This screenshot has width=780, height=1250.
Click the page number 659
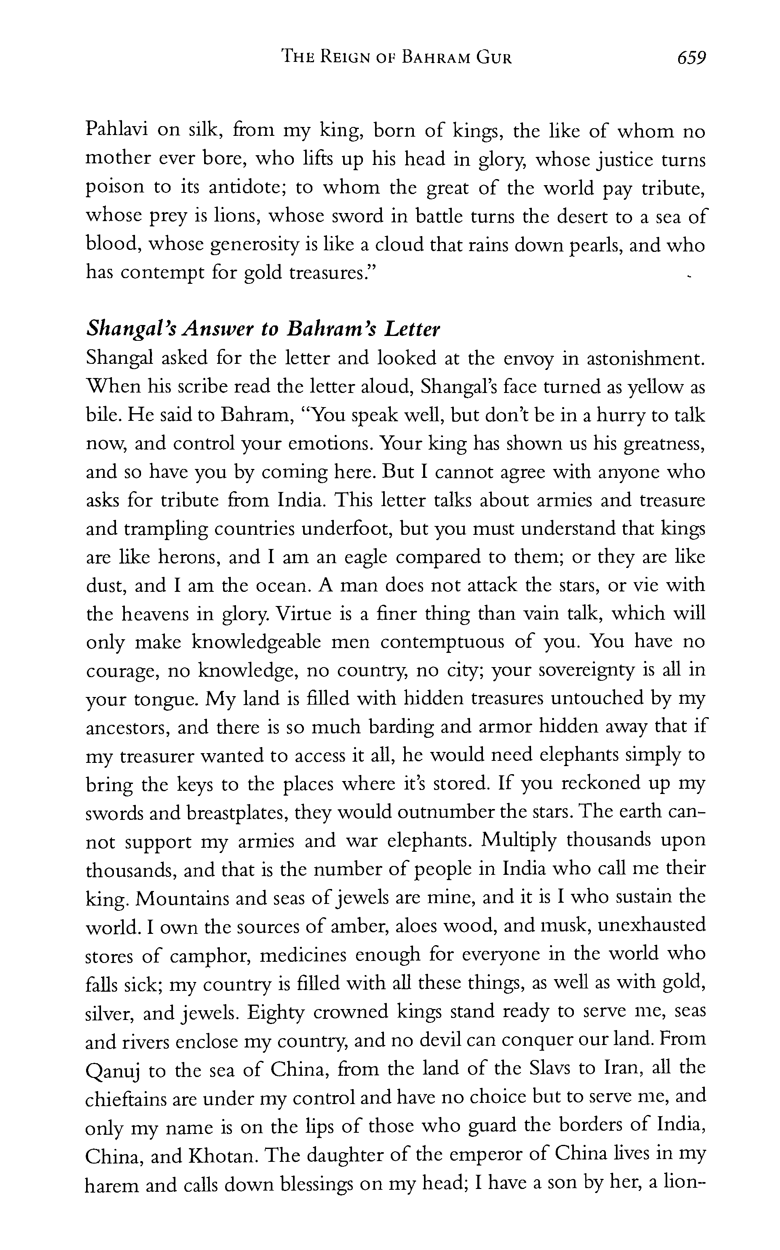tap(691, 57)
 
